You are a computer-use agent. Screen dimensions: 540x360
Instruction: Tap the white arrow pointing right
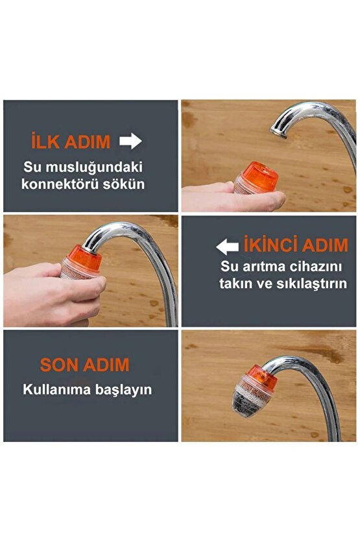131,141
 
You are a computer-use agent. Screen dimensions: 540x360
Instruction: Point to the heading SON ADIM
84,364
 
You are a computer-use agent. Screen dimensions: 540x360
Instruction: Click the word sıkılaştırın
310,284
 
